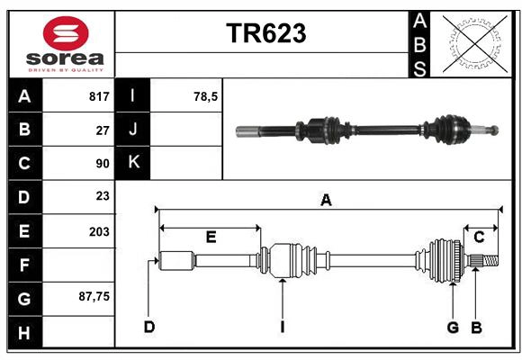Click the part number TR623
[x=265, y=33]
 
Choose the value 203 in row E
[x=99, y=231]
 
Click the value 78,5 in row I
[x=206, y=96]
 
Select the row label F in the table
[x=24, y=265]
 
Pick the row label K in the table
[x=133, y=163]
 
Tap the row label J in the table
[x=133, y=130]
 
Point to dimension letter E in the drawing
[x=211, y=238]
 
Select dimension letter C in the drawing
[x=479, y=238]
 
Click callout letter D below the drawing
[x=149, y=327]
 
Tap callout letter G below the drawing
[x=453, y=327]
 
